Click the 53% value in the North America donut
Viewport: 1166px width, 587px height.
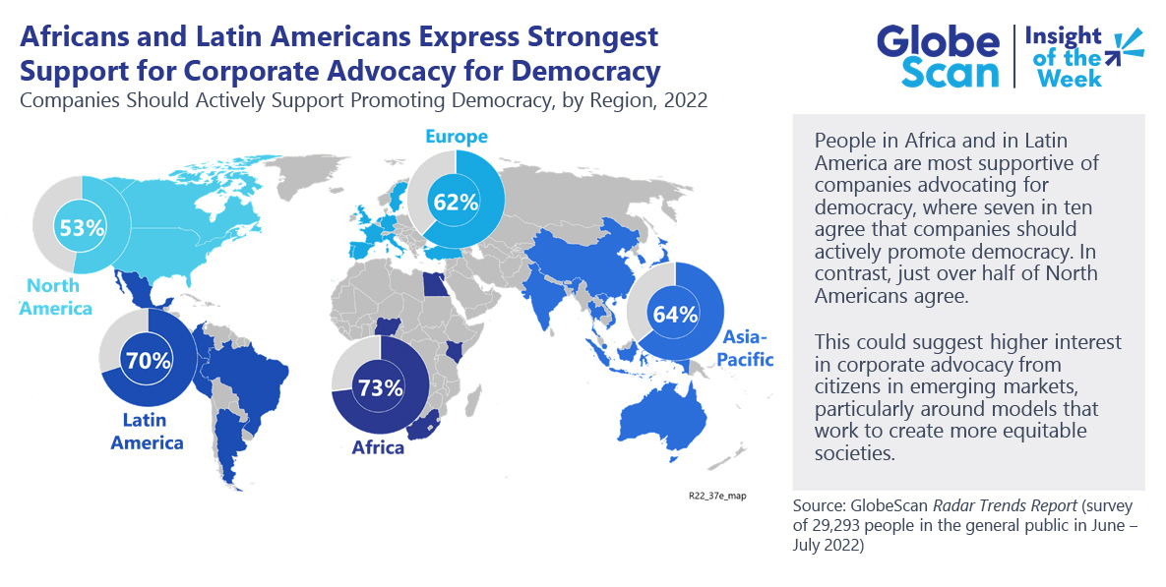(x=82, y=227)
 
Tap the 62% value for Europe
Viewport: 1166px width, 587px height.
(x=456, y=202)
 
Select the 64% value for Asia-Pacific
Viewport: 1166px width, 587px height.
(x=675, y=315)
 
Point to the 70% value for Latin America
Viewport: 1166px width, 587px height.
(x=148, y=359)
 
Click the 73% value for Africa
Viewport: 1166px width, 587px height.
(x=380, y=386)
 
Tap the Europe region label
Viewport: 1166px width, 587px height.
(x=456, y=136)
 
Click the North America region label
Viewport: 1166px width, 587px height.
(x=58, y=297)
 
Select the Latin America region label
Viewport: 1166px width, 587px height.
(x=147, y=432)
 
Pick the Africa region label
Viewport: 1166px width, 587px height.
(x=378, y=448)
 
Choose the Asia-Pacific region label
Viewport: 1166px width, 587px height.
(x=748, y=347)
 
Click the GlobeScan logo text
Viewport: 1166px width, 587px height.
(x=938, y=57)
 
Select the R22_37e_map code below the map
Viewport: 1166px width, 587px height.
(x=716, y=496)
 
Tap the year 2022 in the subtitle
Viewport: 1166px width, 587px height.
(x=686, y=100)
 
